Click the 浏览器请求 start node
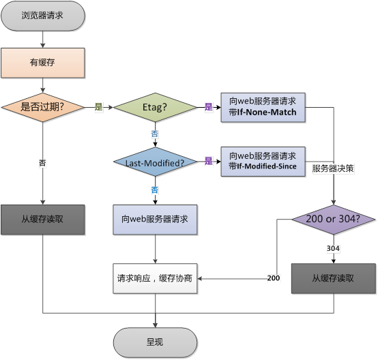point(43,15)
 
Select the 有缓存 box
point(43,63)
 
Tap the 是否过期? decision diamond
point(43,107)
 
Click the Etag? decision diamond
point(155,107)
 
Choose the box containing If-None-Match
point(263,107)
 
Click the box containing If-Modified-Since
point(263,162)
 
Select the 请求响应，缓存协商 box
point(155,278)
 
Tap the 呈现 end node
point(155,342)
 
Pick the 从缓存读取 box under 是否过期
point(43,220)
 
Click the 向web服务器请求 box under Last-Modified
point(155,220)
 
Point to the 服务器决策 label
point(333,167)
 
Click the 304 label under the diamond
point(333,248)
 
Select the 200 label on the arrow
point(274,278)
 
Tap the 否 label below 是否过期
point(43,163)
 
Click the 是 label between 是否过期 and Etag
point(98,107)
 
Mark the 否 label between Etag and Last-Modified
point(155,134)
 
